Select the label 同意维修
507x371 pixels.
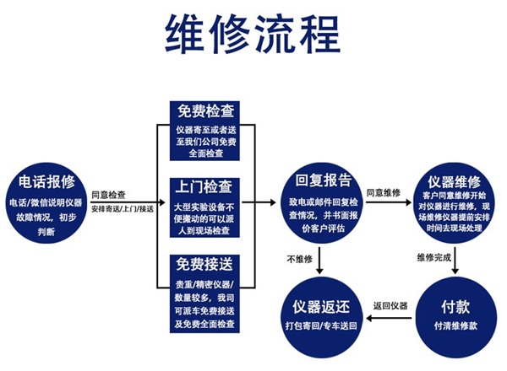[384, 193]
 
